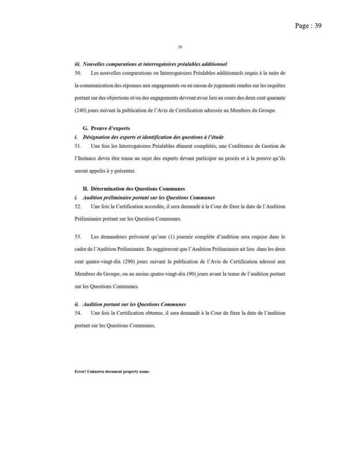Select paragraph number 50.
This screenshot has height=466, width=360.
pos(78,73)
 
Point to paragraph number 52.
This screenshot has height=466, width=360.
pos(78,206)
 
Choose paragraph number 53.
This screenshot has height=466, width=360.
pos(78,237)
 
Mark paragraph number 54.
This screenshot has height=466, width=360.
pos(78,312)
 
